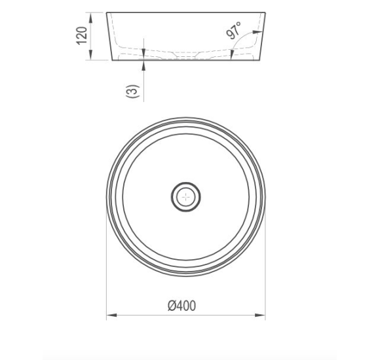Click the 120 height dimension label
pyautogui.click(x=82, y=35)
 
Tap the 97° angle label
pyautogui.click(x=234, y=30)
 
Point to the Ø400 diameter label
pyautogui.click(x=181, y=306)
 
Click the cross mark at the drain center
pyautogui.click(x=186, y=197)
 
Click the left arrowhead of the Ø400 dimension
pyautogui.click(x=112, y=315)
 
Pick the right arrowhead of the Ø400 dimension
pyautogui.click(x=260, y=315)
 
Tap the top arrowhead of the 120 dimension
pyautogui.click(x=91, y=18)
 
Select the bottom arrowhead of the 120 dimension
pyautogui.click(x=91, y=55)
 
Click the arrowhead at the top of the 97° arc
pyautogui.click(x=257, y=31)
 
